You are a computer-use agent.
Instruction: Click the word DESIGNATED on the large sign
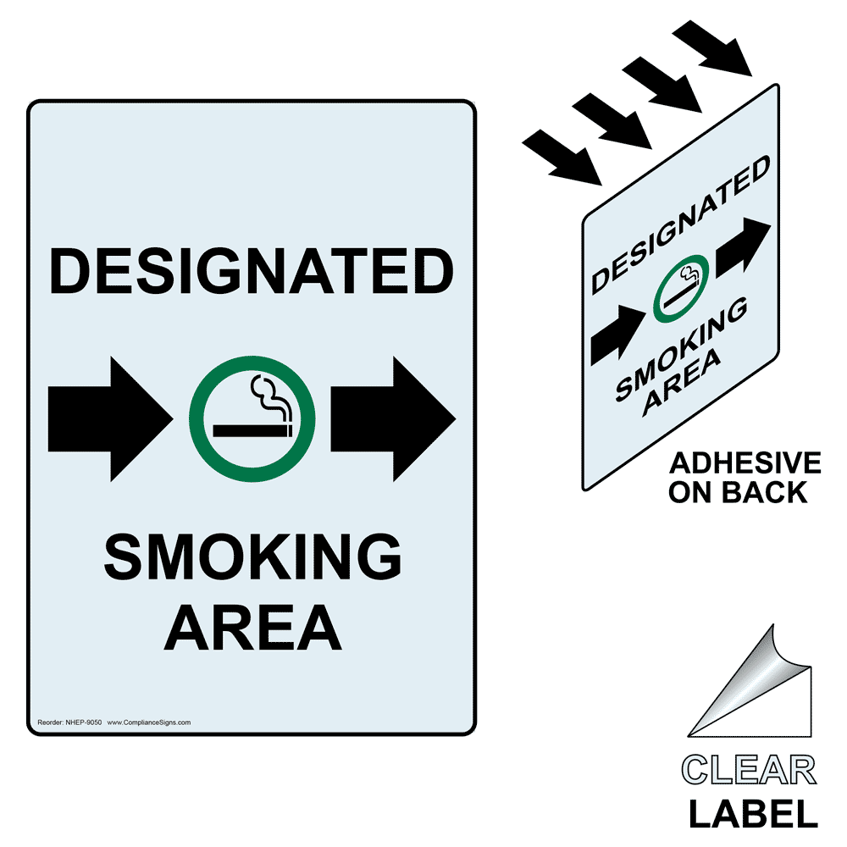coord(252,271)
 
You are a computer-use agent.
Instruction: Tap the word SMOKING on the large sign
coord(252,558)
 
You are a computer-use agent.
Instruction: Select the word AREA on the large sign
coord(252,626)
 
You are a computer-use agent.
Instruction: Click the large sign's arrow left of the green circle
coord(108,419)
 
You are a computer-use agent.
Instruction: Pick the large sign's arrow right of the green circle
coord(393,419)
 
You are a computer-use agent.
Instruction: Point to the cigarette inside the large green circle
coord(252,430)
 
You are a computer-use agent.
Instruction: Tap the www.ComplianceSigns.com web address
coord(148,722)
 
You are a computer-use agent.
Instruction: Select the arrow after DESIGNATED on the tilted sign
coord(743,249)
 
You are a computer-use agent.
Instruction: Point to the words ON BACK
coord(738,492)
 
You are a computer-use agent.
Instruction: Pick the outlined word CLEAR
coord(749,771)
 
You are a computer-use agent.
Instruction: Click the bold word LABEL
coord(752,813)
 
